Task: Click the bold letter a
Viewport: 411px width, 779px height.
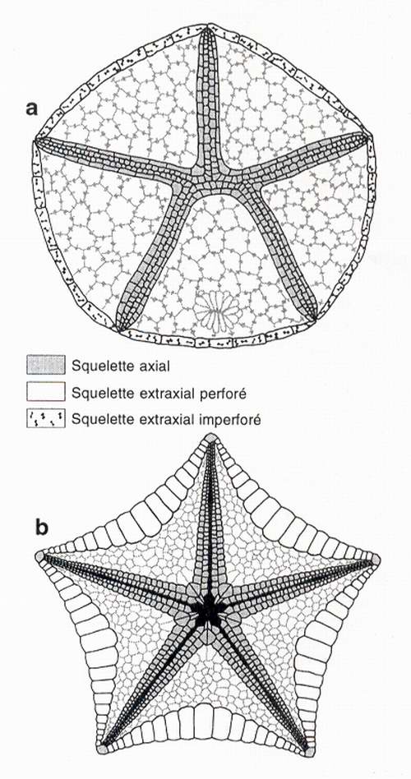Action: [x=32, y=108]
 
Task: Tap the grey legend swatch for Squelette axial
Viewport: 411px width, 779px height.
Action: [x=46, y=365]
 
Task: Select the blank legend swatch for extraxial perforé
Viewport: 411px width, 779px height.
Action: [x=46, y=392]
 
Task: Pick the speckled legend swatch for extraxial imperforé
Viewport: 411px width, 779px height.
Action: [x=46, y=419]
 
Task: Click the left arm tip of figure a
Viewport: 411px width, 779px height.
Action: [x=37, y=141]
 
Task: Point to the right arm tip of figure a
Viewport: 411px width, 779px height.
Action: [x=369, y=136]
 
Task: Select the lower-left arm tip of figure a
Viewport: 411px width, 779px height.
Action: [x=118, y=327]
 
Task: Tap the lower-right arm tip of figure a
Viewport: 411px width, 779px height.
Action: [x=315, y=316]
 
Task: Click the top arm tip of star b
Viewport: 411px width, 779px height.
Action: [x=211, y=438]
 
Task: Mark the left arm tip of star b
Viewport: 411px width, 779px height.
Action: [x=39, y=556]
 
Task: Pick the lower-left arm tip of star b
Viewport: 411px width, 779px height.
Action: [x=103, y=749]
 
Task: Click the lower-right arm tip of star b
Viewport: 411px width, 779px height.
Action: [x=310, y=752]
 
